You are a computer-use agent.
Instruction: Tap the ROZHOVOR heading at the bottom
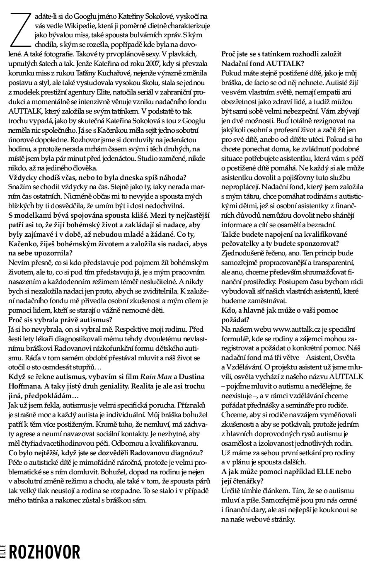[44, 553]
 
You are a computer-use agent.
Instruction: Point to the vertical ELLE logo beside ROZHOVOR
[3, 553]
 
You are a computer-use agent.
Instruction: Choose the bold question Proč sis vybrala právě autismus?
[60, 319]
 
